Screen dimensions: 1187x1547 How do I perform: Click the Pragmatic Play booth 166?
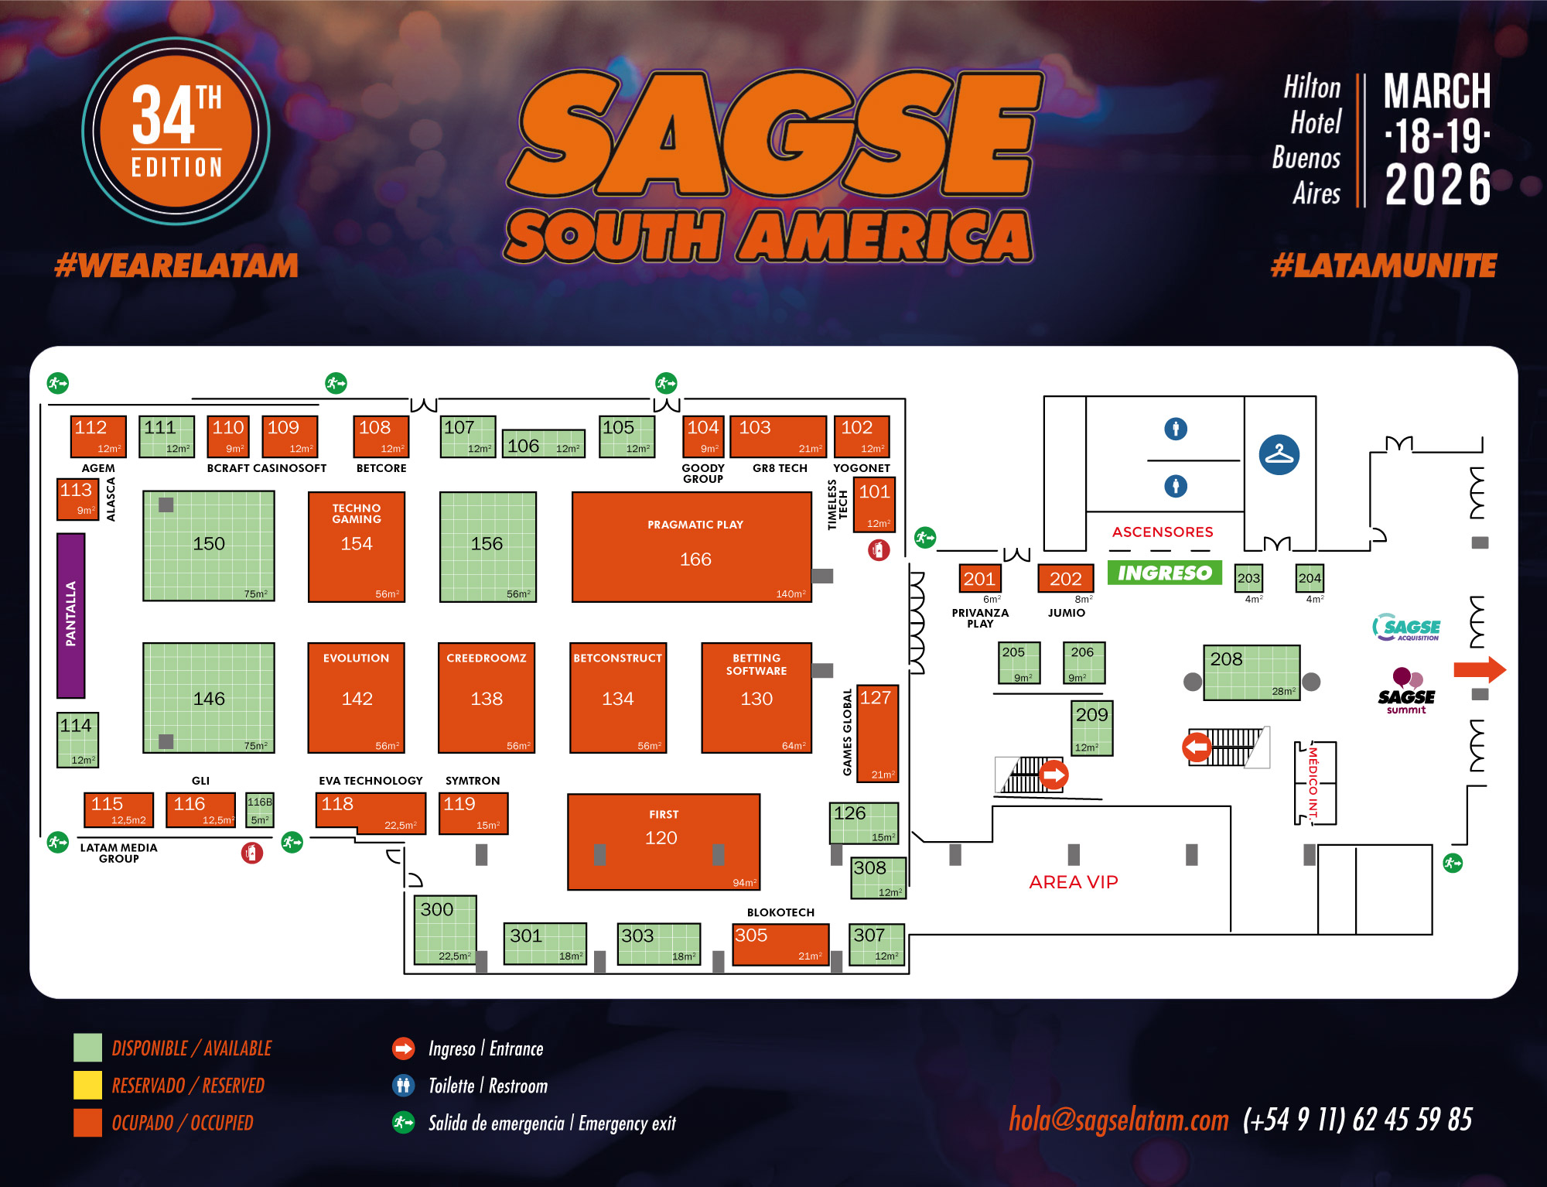point(692,547)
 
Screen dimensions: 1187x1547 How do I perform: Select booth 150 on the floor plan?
point(209,546)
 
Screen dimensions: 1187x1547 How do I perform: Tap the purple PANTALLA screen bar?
point(71,615)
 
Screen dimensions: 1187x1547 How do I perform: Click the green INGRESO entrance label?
point(1164,573)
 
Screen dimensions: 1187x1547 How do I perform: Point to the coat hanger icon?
point(1279,454)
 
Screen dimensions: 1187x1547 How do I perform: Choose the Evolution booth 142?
point(357,697)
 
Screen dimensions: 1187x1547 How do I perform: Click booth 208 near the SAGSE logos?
point(1251,672)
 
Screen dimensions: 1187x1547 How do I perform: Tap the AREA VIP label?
point(1073,882)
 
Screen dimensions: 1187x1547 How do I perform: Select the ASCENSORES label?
point(1162,532)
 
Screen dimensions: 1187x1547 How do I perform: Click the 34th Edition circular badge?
point(176,131)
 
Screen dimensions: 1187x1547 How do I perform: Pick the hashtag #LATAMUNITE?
point(1383,266)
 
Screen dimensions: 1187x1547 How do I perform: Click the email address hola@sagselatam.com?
point(1118,1120)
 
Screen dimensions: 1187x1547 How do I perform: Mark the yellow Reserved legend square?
point(87,1085)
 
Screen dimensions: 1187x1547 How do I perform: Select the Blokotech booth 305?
point(780,944)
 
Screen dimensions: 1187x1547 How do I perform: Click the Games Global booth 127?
point(877,733)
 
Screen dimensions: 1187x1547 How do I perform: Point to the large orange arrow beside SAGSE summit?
point(1479,669)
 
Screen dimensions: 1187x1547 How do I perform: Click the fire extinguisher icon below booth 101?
point(879,550)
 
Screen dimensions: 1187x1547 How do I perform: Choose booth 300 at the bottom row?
point(445,930)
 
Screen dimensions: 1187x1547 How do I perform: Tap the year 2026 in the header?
point(1437,185)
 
